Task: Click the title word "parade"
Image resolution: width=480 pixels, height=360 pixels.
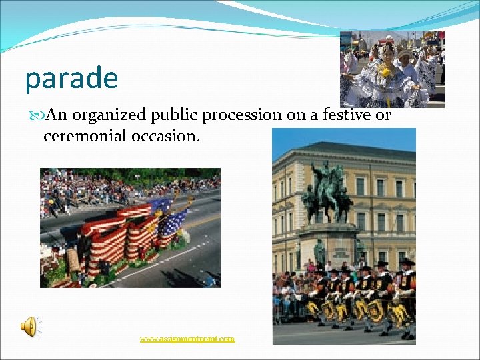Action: pos(71,79)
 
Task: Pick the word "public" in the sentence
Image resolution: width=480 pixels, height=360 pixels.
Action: pos(175,116)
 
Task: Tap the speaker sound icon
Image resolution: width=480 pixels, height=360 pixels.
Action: pos(29,327)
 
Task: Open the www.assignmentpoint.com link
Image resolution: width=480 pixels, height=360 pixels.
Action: pos(187,339)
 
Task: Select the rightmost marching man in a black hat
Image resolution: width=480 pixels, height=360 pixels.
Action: pos(407,293)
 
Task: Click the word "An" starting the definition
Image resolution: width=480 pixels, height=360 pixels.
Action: pos(57,116)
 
